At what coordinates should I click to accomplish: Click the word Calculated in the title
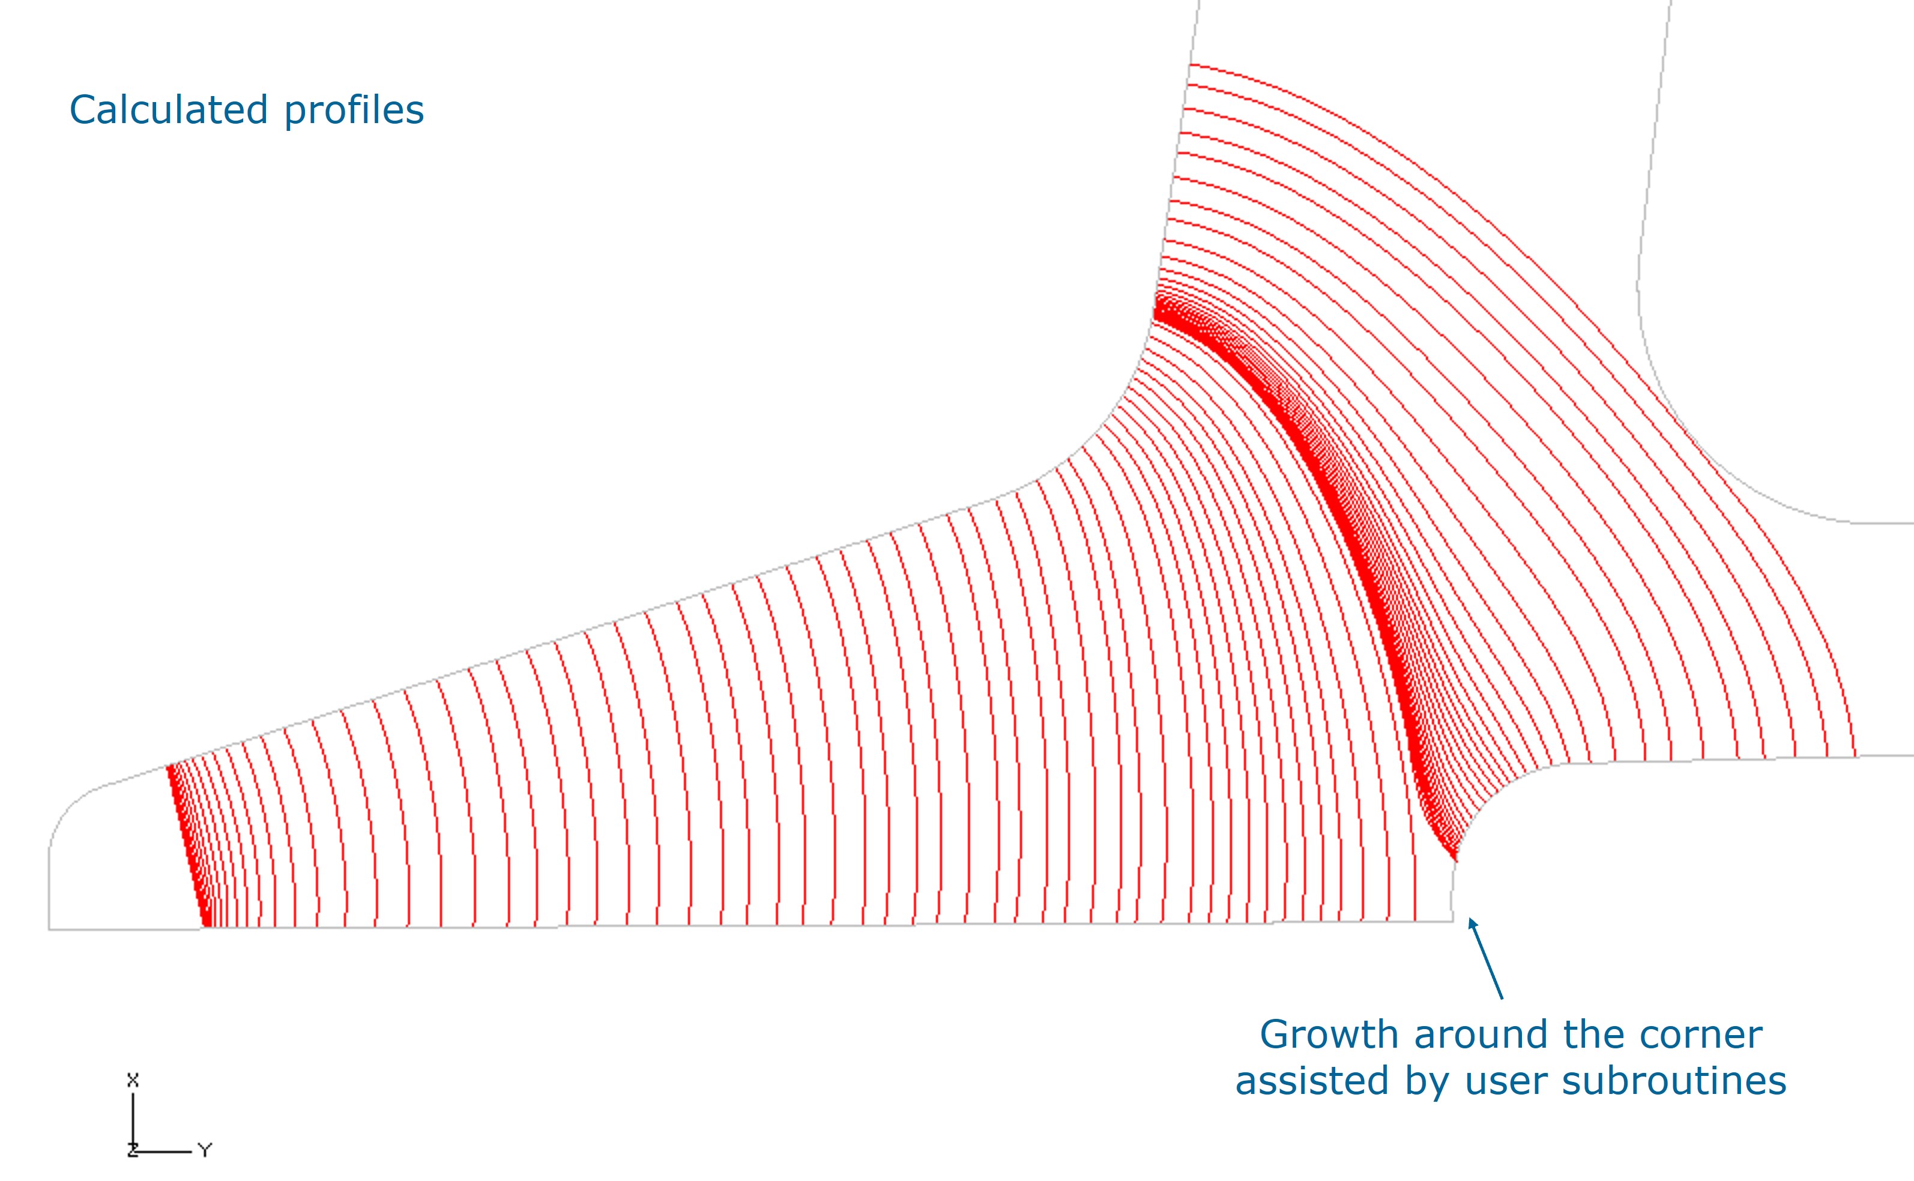[x=169, y=109]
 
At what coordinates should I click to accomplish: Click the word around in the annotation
[x=1480, y=1036]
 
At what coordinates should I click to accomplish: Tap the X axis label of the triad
[x=133, y=1080]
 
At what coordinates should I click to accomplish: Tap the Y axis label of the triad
[x=205, y=1150]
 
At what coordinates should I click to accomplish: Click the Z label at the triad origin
[x=132, y=1150]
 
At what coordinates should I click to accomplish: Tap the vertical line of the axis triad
[x=133, y=1121]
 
